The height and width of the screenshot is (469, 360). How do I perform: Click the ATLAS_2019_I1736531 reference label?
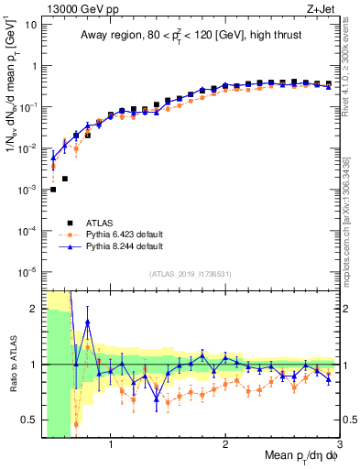click(x=191, y=274)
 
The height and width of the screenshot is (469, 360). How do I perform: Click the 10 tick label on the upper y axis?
click(x=29, y=25)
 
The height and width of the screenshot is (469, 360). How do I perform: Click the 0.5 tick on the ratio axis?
click(x=27, y=420)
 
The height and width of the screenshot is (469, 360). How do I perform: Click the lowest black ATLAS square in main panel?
click(x=53, y=190)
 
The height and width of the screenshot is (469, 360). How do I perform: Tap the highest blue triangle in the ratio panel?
click(x=88, y=322)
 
